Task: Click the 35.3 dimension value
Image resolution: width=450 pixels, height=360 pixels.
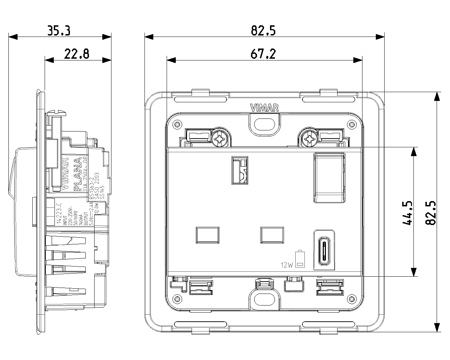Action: [59, 31]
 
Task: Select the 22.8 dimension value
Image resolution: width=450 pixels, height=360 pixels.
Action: [77, 54]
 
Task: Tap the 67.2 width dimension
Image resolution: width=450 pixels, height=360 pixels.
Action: [263, 54]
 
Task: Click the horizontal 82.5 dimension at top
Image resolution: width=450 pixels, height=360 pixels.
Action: [263, 31]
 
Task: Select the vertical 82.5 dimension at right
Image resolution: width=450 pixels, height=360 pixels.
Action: [431, 213]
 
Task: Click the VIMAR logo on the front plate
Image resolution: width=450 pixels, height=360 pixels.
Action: [264, 108]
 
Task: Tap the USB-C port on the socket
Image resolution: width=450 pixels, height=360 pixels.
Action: [323, 250]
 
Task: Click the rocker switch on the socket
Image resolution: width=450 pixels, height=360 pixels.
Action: [329, 178]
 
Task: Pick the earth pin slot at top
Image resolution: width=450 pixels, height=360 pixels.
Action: [239, 170]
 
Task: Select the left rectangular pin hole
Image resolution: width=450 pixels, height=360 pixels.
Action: [207, 235]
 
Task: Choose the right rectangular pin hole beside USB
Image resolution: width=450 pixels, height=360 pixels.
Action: [272, 235]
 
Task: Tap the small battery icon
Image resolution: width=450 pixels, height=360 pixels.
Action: [300, 259]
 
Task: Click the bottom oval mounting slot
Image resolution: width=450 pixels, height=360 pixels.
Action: [264, 300]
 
